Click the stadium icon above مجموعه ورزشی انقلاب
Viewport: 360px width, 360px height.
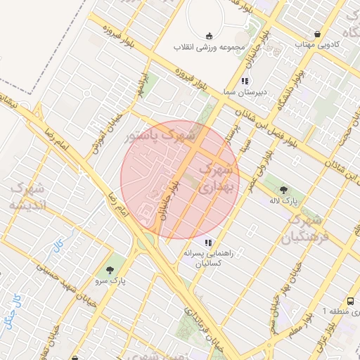207,36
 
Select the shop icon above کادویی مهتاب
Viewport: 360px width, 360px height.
319,34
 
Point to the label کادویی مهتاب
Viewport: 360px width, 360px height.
317,44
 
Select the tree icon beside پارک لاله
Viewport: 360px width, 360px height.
284,190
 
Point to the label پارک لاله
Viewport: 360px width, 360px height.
284,200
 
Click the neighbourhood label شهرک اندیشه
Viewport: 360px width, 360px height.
28,196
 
